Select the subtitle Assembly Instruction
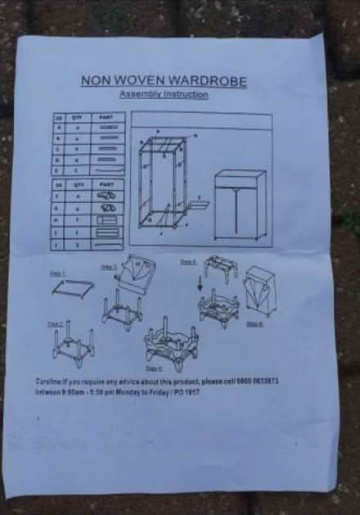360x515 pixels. click(x=164, y=95)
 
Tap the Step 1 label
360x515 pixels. click(x=57, y=273)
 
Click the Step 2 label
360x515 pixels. click(x=56, y=324)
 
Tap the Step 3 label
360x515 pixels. click(x=110, y=266)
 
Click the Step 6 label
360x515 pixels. click(x=255, y=324)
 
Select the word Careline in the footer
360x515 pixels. click(x=51, y=382)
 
